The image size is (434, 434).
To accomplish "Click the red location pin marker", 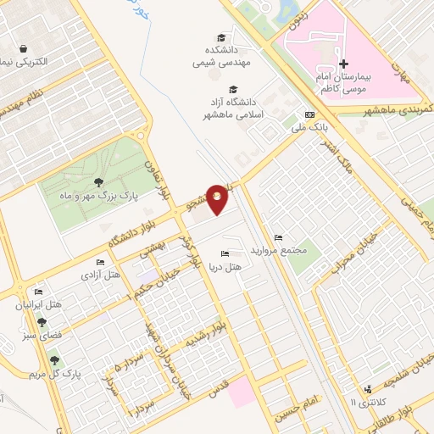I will click(218, 198).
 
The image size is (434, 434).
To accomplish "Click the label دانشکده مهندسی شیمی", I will click(206, 56).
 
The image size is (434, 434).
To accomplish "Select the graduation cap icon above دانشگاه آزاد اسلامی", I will click(231, 89).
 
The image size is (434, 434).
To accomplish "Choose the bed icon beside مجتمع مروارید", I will click(279, 237).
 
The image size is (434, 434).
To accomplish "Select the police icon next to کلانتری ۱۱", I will click(367, 390).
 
